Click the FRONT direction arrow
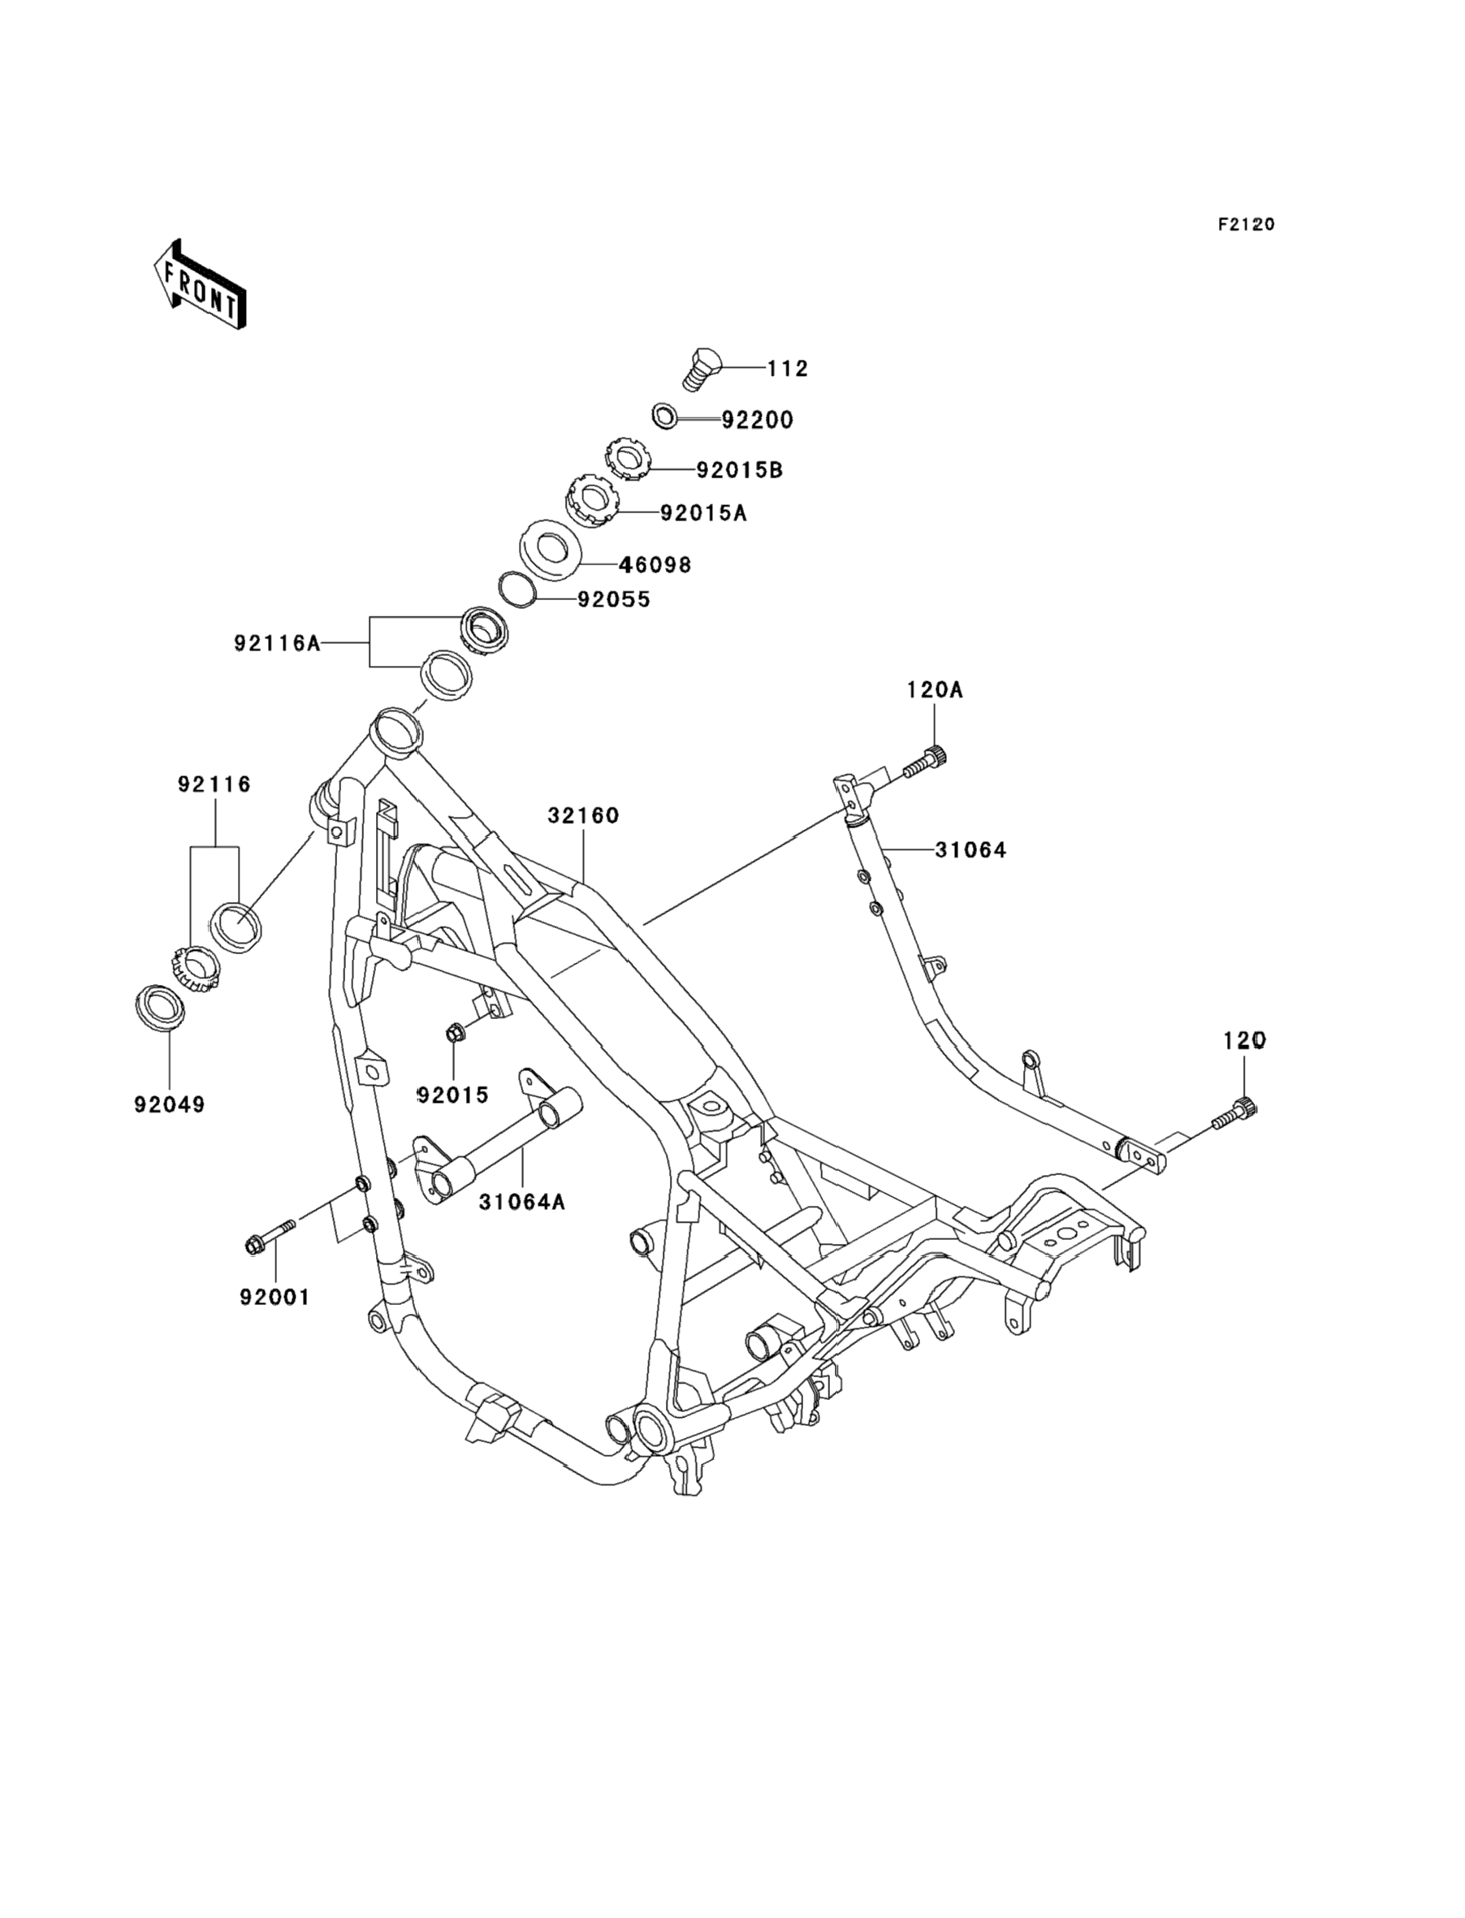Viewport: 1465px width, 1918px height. [200, 284]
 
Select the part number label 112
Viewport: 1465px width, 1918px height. [789, 369]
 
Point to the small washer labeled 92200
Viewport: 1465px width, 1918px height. [665, 416]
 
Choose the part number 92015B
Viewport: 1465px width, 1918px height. [740, 470]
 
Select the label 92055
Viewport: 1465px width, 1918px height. [614, 600]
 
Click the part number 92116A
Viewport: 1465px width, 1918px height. [277, 643]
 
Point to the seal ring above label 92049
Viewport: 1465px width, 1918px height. [161, 1009]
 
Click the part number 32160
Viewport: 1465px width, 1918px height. [583, 815]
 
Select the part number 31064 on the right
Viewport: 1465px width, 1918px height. [970, 849]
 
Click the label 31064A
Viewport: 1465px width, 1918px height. [521, 1203]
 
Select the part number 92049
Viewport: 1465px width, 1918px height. [170, 1104]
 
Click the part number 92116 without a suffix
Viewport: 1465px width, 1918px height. [214, 784]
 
